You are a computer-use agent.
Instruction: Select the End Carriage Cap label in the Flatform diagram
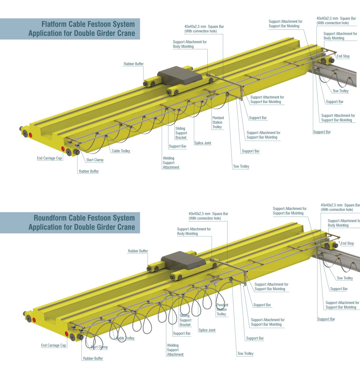point(49,158)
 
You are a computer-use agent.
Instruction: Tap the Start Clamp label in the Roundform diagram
point(99,347)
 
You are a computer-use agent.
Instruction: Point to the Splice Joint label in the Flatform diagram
point(203,143)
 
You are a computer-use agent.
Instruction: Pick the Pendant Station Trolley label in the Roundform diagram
point(222,309)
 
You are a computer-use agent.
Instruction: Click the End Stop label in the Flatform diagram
point(343,56)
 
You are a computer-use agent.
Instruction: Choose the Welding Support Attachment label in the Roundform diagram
point(175,350)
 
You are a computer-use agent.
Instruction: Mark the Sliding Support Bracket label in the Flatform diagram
point(181,133)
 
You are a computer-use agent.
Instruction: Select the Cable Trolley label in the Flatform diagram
point(121,151)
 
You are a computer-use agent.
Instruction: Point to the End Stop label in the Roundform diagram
point(347,243)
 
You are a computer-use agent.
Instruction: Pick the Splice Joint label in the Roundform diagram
point(207,330)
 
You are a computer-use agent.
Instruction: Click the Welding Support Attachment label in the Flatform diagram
point(171,163)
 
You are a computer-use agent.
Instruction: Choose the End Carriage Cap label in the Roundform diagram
point(54,345)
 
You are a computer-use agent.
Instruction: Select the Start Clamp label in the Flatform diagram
point(95,160)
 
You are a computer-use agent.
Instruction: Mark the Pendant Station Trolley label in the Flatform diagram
point(218,122)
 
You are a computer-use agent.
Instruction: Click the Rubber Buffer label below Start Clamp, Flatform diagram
point(89,171)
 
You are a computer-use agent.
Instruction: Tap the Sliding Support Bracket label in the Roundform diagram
point(185,320)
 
